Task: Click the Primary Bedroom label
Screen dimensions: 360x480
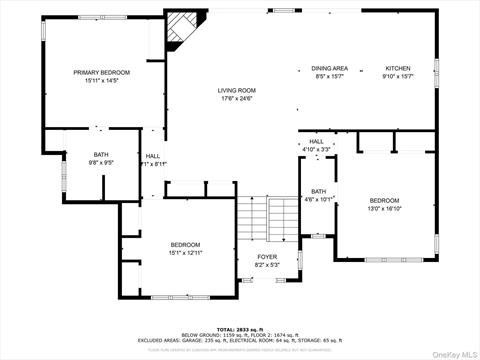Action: coord(102,72)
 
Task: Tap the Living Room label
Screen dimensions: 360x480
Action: coord(237,90)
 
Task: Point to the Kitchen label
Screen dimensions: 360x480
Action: coord(398,68)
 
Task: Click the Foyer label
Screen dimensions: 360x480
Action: coord(267,257)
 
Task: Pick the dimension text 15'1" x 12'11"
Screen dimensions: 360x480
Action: coord(184,253)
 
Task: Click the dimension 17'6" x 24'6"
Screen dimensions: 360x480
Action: coord(237,98)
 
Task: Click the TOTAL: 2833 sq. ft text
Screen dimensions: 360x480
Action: coord(239,328)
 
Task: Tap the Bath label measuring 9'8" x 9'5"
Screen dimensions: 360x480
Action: coord(102,155)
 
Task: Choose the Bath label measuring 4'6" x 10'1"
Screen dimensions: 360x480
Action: coord(318,191)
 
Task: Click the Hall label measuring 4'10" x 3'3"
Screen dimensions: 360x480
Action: coord(316,142)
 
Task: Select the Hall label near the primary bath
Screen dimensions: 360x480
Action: coord(153,156)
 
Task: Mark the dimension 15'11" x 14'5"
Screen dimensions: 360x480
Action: coord(102,80)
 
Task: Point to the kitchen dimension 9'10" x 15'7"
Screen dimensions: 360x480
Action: coord(398,76)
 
